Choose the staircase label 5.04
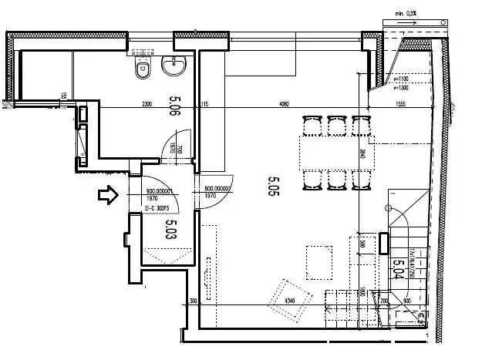399,271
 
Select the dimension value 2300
149,104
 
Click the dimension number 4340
290,299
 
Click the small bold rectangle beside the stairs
384,243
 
